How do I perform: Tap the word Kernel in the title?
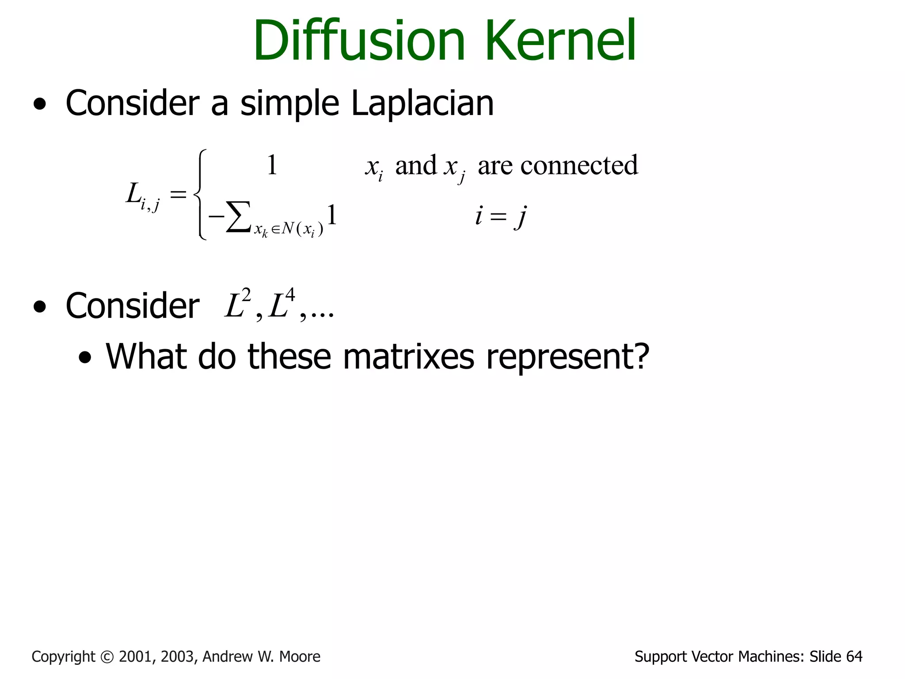pyautogui.click(x=561, y=41)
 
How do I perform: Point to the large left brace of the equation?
pyautogui.click(x=201, y=195)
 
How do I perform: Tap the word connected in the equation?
pyautogui.click(x=579, y=166)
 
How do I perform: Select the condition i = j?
pyautogui.click(x=501, y=217)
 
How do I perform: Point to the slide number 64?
pyautogui.click(x=854, y=657)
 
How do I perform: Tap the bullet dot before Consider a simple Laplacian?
pyautogui.click(x=40, y=105)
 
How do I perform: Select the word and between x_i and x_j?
pyautogui.click(x=415, y=166)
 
